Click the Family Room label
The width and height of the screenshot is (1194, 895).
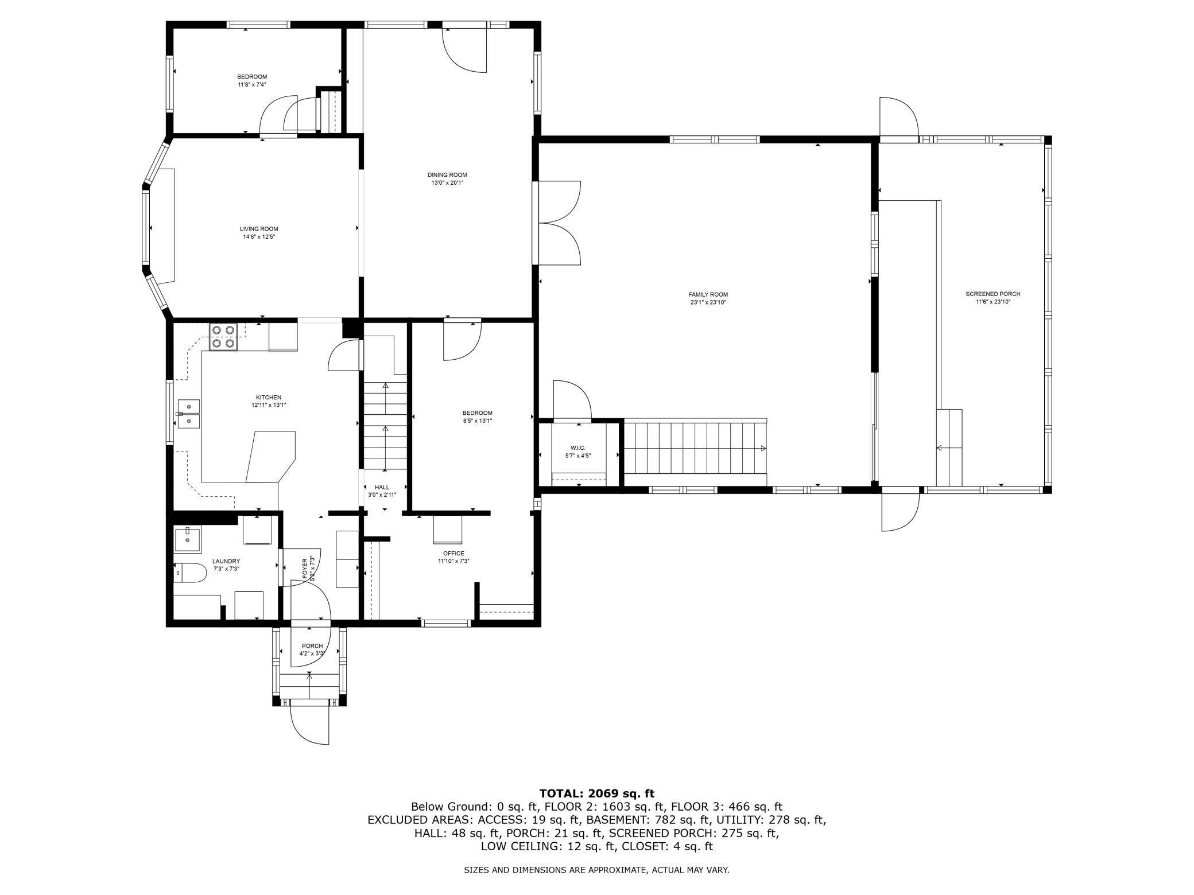708,295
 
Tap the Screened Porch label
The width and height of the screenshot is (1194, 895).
993,294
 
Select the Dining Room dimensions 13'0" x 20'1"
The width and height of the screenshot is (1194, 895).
447,183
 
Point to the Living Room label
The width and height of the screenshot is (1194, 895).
259,229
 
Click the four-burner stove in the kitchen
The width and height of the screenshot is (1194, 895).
223,337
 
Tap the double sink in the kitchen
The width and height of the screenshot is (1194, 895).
188,414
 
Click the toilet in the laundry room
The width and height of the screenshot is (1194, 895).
190,573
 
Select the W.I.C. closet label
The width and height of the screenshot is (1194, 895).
578,448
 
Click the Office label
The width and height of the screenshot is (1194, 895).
453,554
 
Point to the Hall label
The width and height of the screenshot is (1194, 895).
382,488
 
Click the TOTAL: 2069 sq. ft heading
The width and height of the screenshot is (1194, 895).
596,794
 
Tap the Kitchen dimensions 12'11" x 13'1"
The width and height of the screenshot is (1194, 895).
269,405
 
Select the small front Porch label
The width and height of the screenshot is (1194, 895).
312,646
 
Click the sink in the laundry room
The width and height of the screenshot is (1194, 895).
187,539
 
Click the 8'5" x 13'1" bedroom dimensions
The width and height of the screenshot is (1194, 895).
478,421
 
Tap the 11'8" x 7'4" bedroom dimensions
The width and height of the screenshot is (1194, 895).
252,85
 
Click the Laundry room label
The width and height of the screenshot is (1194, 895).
226,561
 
